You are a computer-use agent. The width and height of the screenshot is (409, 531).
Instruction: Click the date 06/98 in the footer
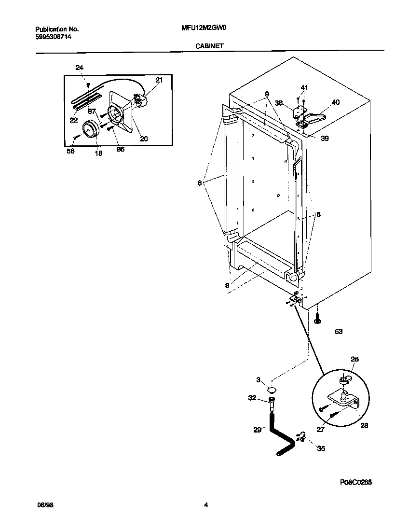point(45,505)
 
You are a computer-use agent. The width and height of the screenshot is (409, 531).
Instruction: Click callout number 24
point(80,68)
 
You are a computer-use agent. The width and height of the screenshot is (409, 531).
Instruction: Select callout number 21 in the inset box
point(159,80)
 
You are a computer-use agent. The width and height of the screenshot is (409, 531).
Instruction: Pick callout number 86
point(120,149)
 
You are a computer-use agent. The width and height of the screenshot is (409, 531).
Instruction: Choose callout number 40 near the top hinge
point(335,102)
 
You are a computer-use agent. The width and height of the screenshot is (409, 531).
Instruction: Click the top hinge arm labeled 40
point(315,116)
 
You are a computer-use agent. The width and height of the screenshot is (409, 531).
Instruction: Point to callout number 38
point(279,102)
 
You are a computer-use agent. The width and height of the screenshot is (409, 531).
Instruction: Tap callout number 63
point(339,332)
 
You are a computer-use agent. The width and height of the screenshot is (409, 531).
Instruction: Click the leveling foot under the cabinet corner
point(317,320)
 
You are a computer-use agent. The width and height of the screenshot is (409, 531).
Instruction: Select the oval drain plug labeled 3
point(272,389)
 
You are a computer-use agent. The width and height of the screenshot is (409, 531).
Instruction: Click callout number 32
point(252,398)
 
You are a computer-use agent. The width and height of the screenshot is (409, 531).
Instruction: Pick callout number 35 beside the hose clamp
point(321,448)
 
